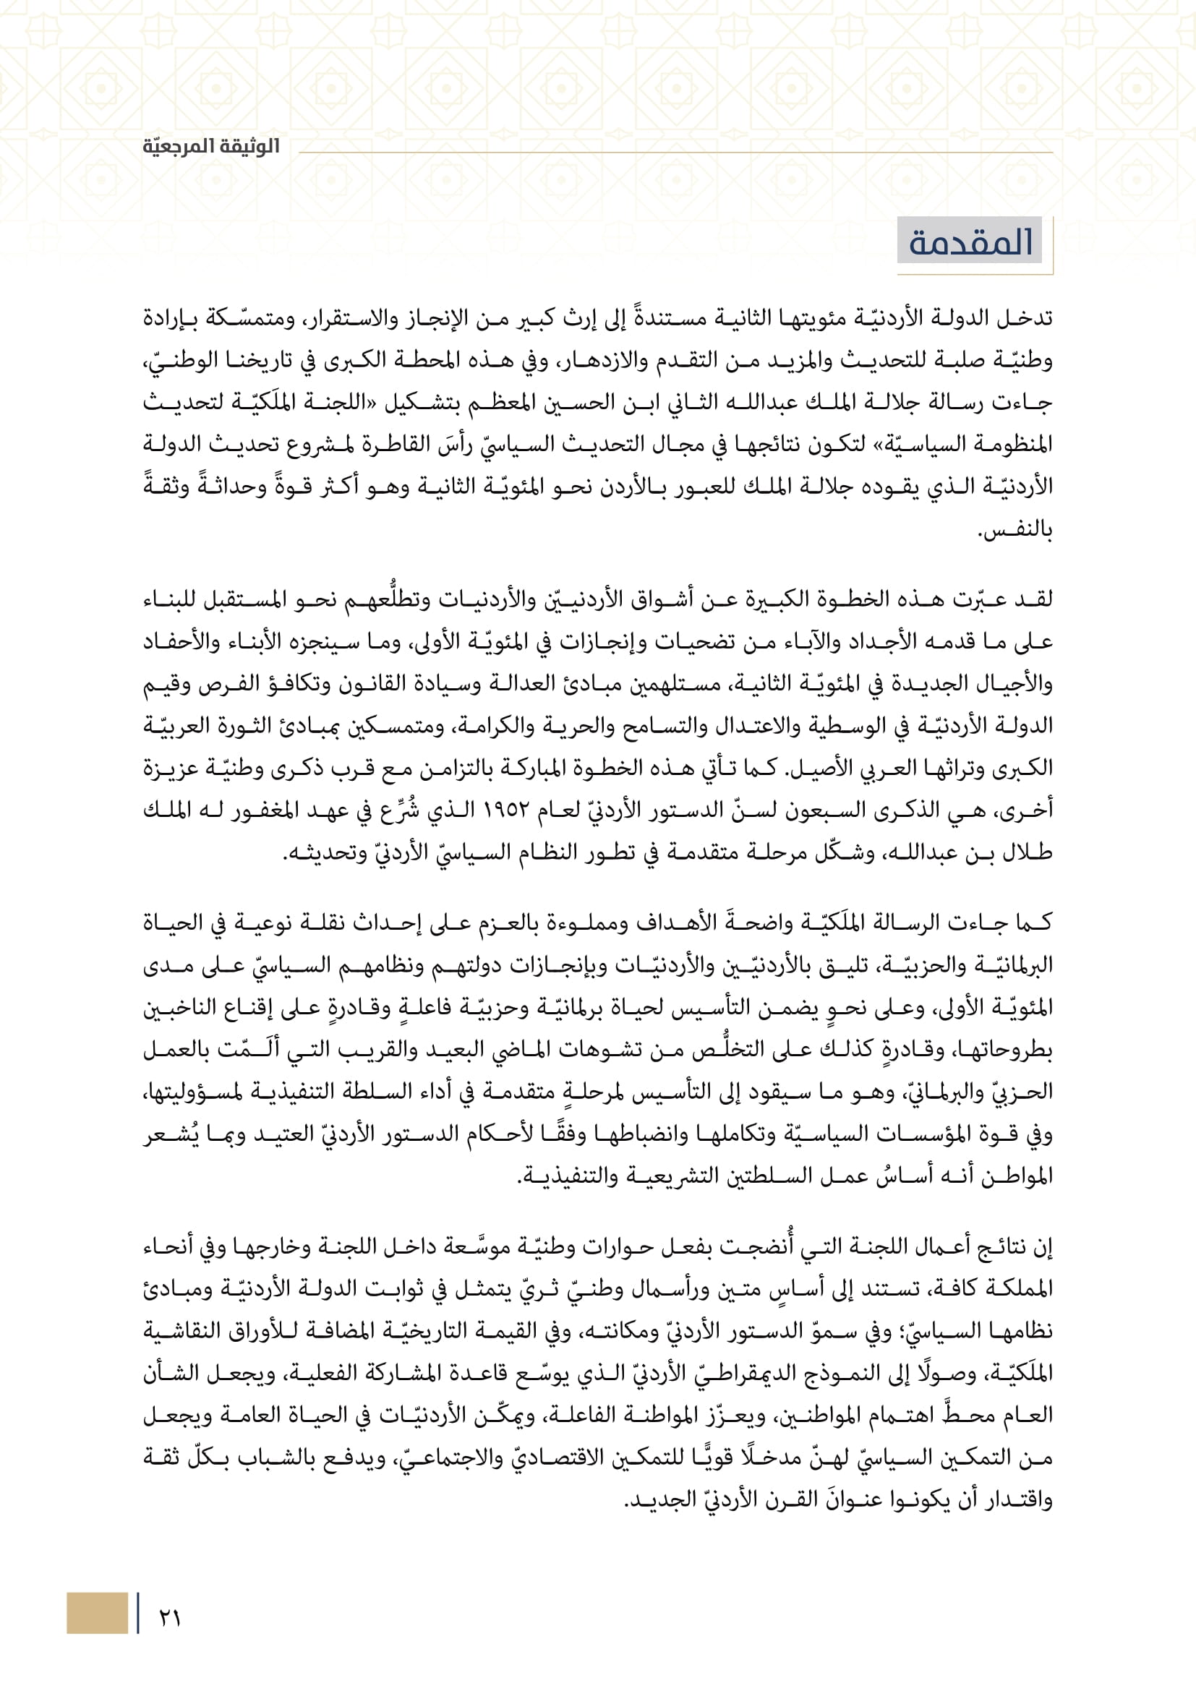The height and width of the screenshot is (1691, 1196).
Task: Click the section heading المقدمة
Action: [x=970, y=242]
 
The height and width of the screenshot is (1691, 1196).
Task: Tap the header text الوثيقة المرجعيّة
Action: [x=211, y=147]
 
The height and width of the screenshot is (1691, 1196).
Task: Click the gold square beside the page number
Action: [x=97, y=1612]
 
